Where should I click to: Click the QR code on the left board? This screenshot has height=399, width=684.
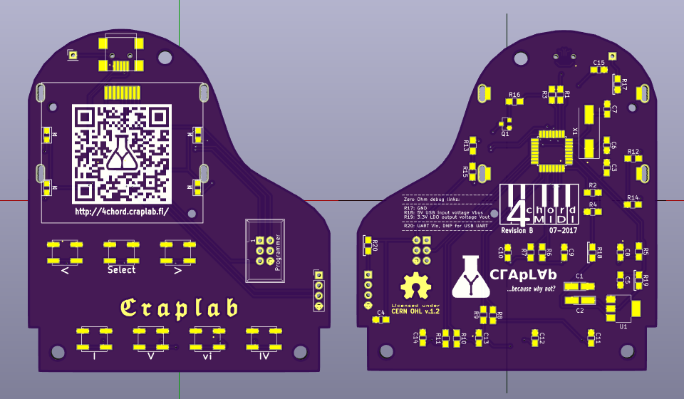[123, 154]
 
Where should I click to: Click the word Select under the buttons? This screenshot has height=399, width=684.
[121, 270]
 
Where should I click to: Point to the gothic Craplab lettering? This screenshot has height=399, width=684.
[178, 307]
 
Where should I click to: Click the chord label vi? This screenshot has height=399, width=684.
[207, 354]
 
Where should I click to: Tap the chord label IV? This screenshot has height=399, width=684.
[263, 354]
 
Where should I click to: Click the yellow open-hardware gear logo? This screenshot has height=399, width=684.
[416, 286]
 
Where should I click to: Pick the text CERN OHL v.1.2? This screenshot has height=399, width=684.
[417, 311]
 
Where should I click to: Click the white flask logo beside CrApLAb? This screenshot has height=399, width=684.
[470, 276]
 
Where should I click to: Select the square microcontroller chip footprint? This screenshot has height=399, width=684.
[549, 150]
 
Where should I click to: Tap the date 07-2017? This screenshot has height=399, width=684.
[563, 230]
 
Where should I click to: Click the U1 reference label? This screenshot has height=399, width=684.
[623, 325]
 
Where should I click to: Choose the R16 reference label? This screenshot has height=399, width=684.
[514, 94]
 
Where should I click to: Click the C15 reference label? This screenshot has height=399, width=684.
[599, 63]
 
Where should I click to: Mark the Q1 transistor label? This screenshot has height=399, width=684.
[505, 133]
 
